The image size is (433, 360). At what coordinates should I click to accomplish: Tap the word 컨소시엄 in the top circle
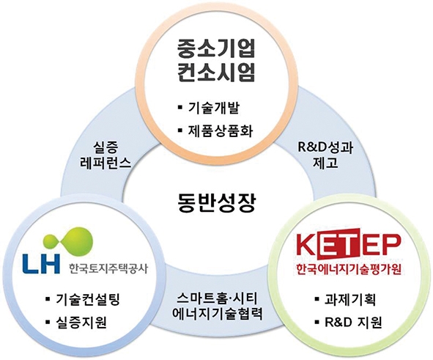click(x=216, y=72)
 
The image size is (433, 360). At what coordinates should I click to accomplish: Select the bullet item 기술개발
click(x=213, y=107)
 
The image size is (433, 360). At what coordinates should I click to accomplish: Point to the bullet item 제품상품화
click(x=220, y=131)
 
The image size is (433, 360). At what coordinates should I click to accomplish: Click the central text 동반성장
click(x=216, y=202)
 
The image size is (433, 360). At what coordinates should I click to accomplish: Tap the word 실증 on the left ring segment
click(x=106, y=148)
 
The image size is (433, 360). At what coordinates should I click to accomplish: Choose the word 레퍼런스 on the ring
click(x=106, y=164)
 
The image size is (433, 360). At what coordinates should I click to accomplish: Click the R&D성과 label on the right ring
click(x=325, y=148)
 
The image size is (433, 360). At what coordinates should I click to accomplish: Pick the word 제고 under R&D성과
click(x=325, y=163)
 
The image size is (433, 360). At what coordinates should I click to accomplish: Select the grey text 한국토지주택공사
click(x=108, y=268)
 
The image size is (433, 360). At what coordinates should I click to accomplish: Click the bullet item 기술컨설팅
click(x=87, y=299)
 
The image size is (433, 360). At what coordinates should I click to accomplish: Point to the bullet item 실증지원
click(x=81, y=322)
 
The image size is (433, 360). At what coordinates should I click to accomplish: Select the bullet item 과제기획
click(x=350, y=299)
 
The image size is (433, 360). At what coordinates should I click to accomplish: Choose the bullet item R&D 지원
click(x=353, y=322)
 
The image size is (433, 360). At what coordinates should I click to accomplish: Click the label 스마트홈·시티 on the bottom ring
click(x=217, y=299)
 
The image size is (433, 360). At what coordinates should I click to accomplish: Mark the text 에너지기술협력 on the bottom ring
click(x=217, y=314)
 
